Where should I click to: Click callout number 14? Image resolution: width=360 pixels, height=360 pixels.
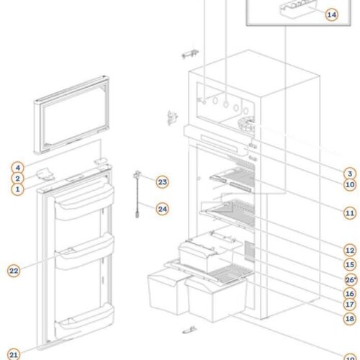click(332, 14)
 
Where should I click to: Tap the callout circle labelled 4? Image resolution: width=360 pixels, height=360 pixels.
click(17, 168)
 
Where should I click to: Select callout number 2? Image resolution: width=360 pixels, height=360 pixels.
click(17, 179)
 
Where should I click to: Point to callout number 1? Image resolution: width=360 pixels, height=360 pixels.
click(17, 189)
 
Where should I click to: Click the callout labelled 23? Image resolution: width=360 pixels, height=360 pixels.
click(163, 182)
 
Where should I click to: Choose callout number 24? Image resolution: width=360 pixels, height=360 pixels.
click(163, 209)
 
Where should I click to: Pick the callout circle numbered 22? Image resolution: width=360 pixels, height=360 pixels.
click(14, 271)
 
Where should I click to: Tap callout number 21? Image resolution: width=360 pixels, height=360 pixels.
click(14, 355)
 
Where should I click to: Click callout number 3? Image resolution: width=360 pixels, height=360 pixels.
click(350, 174)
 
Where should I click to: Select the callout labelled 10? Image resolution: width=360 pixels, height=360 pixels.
click(350, 184)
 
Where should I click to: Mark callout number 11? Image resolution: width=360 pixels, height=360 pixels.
click(350, 213)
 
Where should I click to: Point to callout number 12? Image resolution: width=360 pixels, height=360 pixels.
click(350, 251)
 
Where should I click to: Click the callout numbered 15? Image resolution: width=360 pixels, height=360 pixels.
click(350, 264)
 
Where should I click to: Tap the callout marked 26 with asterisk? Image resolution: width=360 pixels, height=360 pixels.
click(351, 280)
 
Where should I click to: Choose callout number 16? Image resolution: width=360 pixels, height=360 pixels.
click(350, 293)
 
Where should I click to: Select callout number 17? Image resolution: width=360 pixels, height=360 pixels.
click(350, 305)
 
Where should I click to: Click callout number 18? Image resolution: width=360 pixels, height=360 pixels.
click(350, 318)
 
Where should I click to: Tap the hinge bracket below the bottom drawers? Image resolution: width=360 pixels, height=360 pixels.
click(189, 330)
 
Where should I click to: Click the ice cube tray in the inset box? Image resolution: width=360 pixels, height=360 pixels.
click(297, 9)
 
